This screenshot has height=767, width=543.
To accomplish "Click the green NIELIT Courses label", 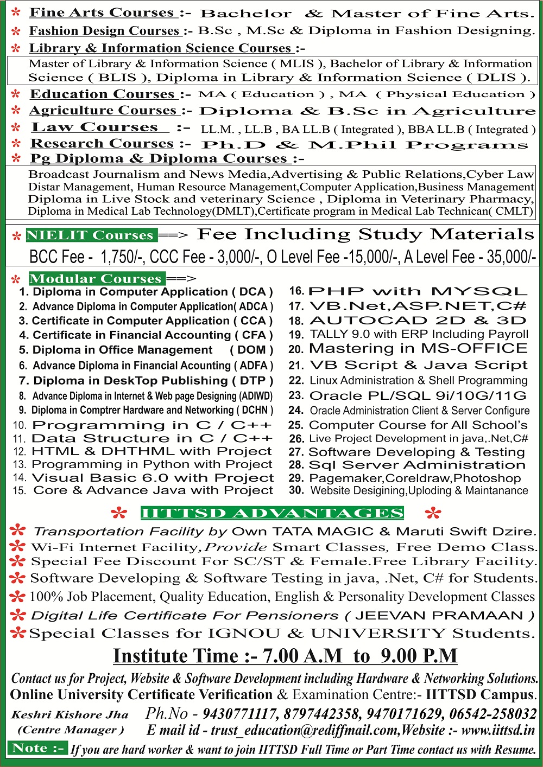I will pos(91,235).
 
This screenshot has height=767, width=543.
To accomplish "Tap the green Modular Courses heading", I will pos(96,278).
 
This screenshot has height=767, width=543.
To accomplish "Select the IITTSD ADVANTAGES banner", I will pos(271,513).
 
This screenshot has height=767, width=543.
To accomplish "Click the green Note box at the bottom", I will pos(37,749).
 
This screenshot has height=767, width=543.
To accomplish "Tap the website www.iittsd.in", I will pos(498,730).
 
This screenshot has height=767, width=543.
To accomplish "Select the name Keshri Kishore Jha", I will pos(70,714).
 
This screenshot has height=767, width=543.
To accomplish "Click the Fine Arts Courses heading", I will pos(102,12).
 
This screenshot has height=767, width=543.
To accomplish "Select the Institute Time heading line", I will pos(285,655).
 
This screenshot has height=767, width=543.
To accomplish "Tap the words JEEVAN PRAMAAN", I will pos(438,616).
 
